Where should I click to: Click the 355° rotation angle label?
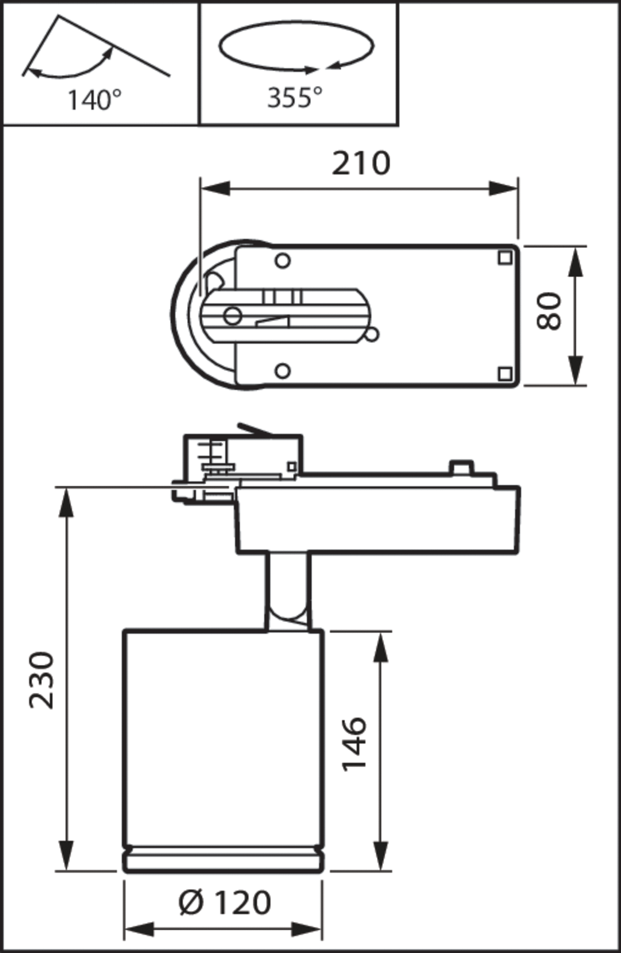tap(294, 97)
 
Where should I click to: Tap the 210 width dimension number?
tap(361, 163)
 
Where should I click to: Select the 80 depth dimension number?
tap(549, 311)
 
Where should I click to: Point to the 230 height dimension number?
tap(41, 680)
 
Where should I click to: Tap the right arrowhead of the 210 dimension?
tap(504, 188)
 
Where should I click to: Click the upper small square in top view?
tap(505, 257)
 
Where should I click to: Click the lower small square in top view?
tap(505, 374)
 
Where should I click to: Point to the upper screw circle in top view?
tap(283, 261)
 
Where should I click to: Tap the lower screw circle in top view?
tap(283, 371)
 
